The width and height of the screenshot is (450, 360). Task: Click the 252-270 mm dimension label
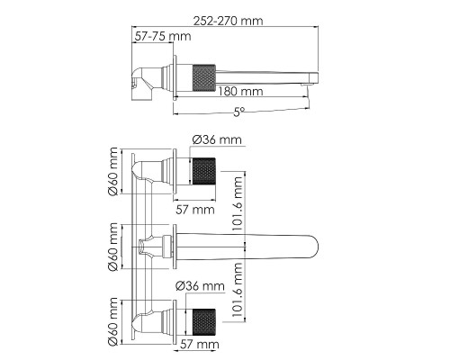pyautogui.click(x=228, y=21)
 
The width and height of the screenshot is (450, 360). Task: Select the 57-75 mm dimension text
pyautogui.click(x=163, y=36)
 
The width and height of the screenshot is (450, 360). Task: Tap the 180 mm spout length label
pyautogui.click(x=240, y=91)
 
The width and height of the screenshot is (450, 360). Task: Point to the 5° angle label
pyautogui.click(x=238, y=112)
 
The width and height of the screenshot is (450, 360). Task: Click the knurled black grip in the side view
pyautogui.click(x=203, y=77)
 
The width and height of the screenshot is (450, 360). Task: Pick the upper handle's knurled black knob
pyautogui.click(x=203, y=171)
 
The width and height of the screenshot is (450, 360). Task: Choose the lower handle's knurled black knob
pyautogui.click(x=203, y=322)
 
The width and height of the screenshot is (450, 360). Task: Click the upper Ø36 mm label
pyautogui.click(x=217, y=139)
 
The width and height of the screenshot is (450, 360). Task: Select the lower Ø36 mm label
pyautogui.click(x=200, y=286)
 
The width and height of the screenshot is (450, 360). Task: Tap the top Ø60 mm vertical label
pyautogui.click(x=113, y=171)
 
